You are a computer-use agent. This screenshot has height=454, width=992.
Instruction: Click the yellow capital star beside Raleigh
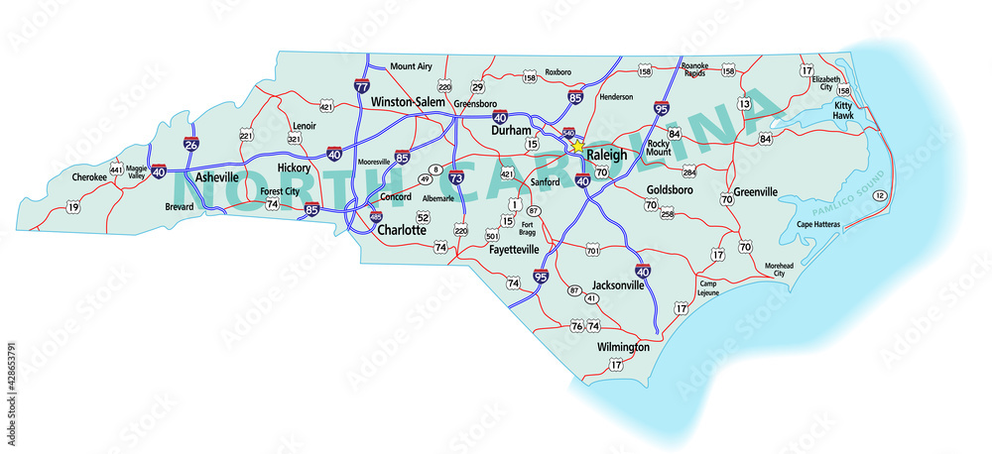point(576,146)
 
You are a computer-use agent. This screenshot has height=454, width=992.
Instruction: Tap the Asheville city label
point(217,176)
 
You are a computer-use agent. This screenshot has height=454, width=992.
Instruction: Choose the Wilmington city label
point(623,347)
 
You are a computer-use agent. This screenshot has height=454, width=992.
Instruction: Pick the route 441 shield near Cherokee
point(118,170)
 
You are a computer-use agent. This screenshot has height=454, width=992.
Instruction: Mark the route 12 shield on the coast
point(880,195)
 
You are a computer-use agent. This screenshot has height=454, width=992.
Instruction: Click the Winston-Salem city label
point(410,102)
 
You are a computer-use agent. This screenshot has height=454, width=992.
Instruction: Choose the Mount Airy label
point(411,66)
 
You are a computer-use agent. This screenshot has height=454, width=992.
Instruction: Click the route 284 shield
point(688,171)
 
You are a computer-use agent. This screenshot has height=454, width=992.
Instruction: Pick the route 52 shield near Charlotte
point(423,216)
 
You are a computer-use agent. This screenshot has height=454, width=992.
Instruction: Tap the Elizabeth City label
point(826,82)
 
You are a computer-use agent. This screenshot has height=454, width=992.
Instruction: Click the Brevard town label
point(180,207)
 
